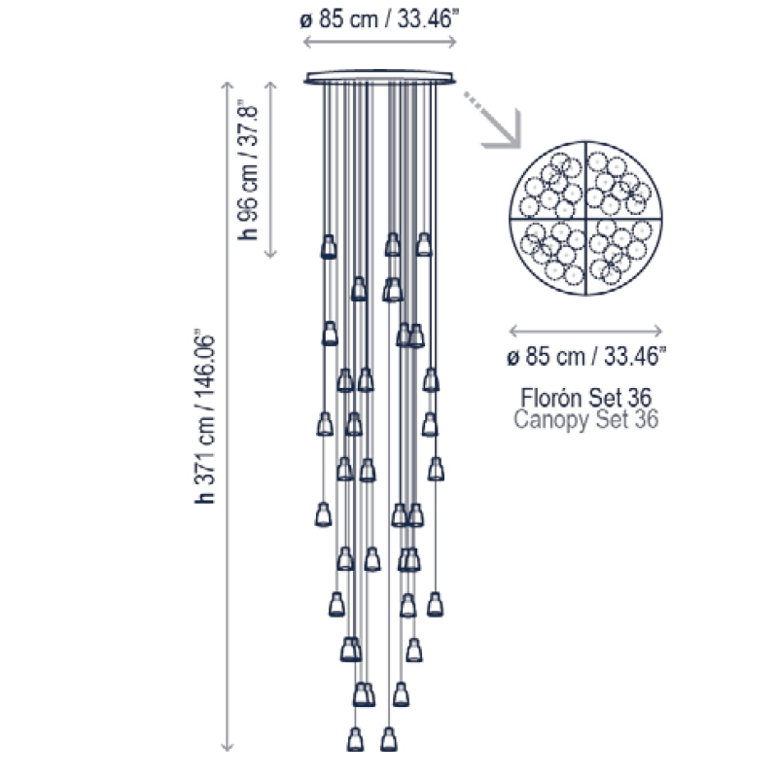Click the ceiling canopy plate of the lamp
(x=380, y=78)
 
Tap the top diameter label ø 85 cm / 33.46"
(x=379, y=18)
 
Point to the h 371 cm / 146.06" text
(x=204, y=416)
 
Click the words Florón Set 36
(x=586, y=398)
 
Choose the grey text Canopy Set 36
(x=586, y=419)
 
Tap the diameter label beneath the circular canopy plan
(x=586, y=356)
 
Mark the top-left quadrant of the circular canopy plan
(x=548, y=182)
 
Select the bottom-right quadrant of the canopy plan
(x=623, y=255)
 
